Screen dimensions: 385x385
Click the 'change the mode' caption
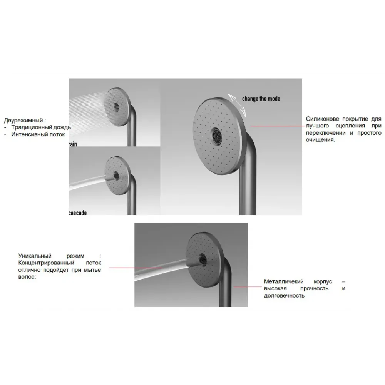pyautogui.click(x=261, y=99)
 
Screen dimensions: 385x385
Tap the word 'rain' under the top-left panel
pyautogui.click(x=73, y=144)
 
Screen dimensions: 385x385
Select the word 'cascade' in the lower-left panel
pyautogui.click(x=78, y=213)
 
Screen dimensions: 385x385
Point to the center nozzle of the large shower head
pyautogui.click(x=217, y=135)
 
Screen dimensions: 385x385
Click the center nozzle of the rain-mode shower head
pyautogui.click(x=116, y=107)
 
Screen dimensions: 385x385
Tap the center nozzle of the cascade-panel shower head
pyautogui.click(x=115, y=175)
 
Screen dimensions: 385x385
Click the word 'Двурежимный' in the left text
pyautogui.click(x=23, y=120)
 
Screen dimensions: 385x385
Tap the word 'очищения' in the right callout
pyautogui.click(x=320, y=140)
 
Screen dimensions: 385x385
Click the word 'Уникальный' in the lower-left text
pyautogui.click(x=35, y=256)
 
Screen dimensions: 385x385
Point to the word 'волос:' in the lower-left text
pyautogui.click(x=27, y=277)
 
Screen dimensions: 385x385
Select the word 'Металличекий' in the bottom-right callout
pyautogui.click(x=284, y=281)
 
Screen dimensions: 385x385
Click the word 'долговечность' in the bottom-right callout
pyautogui.click(x=284, y=295)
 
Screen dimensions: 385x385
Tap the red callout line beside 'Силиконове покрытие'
pyautogui.click(x=278, y=126)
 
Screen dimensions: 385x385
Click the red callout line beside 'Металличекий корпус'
pyautogui.click(x=248, y=287)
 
